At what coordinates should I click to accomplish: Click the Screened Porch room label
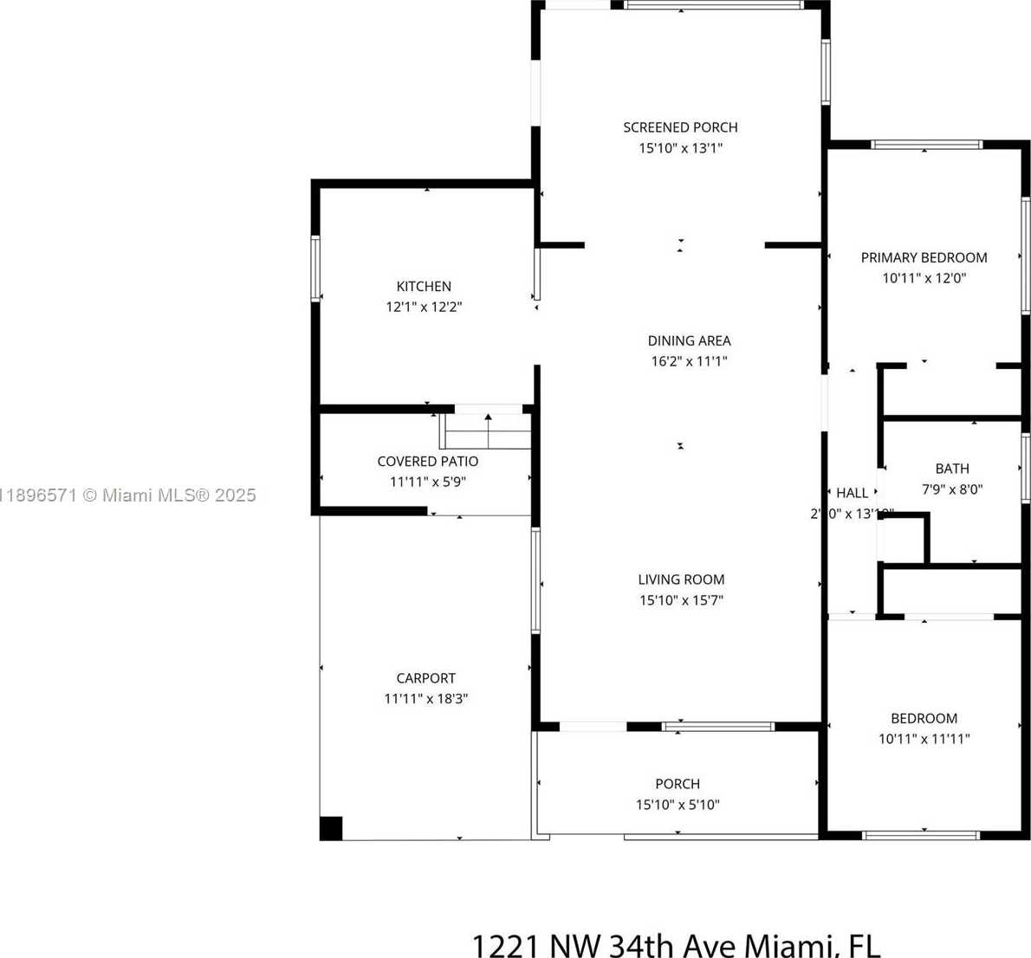pos(680,127)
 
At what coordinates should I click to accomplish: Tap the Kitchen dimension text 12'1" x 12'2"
pos(424,307)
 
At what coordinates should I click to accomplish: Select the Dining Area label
pos(689,340)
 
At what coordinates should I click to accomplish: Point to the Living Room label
pos(681,579)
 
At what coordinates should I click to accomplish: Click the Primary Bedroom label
pos(924,257)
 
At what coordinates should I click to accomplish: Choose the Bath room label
pos(951,469)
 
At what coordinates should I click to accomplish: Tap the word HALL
pos(852,493)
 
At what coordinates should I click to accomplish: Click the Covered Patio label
pos(427,462)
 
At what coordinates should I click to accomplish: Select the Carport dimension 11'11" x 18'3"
pos(425,699)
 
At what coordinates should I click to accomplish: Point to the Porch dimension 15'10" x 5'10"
pos(678,805)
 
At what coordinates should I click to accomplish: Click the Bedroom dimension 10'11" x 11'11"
pos(924,739)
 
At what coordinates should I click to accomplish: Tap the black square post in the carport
pos(331,828)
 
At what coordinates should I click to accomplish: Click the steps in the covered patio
pos(486,430)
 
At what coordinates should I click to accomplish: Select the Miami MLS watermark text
pos(128,495)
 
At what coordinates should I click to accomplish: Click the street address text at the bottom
pos(675,945)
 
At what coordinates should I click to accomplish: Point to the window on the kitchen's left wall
pos(316,269)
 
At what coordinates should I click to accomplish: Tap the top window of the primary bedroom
pos(926,145)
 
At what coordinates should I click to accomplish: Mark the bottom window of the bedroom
pos(920,836)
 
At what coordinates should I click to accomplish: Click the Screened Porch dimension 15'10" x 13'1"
pos(680,148)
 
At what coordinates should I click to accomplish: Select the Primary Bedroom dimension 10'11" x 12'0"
pos(924,278)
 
